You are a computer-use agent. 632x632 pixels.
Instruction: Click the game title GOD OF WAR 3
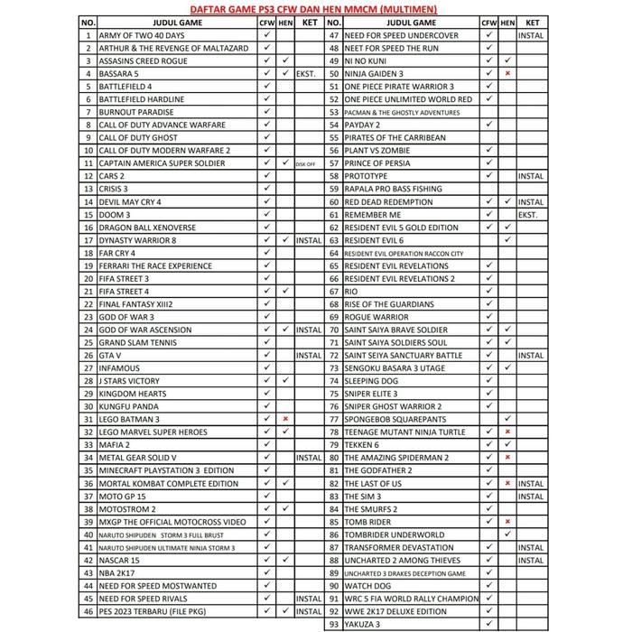[126, 317]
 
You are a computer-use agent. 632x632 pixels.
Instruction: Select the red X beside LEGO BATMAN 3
[285, 419]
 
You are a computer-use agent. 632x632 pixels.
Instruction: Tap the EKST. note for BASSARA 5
[308, 74]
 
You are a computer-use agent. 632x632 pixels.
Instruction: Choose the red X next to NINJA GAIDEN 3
[508, 74]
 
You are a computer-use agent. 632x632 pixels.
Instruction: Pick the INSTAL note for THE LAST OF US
[531, 483]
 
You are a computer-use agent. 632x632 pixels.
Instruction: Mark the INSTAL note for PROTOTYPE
[531, 176]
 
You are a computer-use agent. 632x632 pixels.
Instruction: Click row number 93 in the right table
[333, 624]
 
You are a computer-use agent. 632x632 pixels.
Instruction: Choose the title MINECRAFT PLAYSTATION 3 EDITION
[166, 470]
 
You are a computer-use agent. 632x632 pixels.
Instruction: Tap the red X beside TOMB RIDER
[508, 522]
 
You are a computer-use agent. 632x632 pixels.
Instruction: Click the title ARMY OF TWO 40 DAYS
[142, 35]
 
